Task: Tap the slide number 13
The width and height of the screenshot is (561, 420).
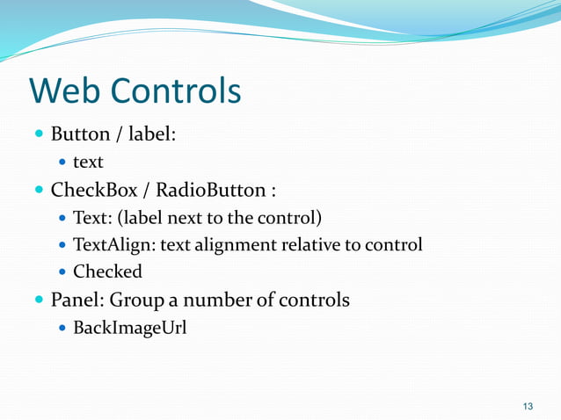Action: click(x=528, y=405)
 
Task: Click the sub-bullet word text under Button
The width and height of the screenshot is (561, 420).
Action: click(x=88, y=162)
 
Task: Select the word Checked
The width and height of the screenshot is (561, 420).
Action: click(x=107, y=272)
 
